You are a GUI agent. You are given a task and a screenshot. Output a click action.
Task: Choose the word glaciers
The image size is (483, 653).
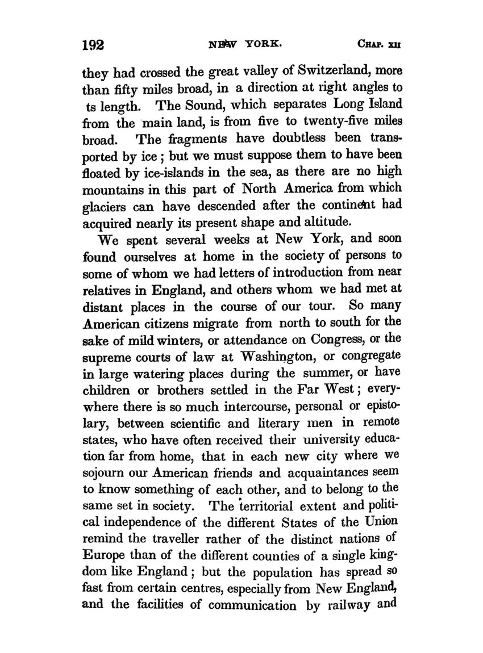click(106, 202)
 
